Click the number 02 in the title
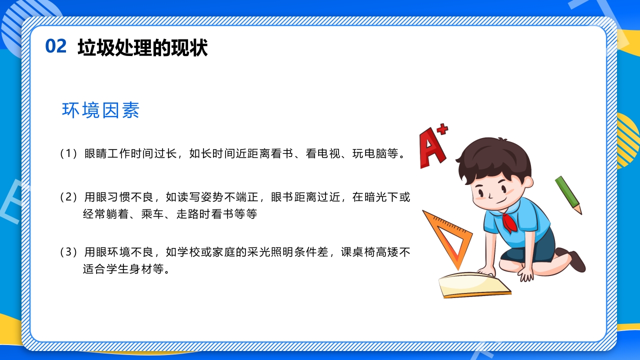tap(55, 46)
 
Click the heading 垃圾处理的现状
tap(142, 48)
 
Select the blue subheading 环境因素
tap(100, 110)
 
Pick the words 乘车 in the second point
tap(152, 214)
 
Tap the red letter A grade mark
tap(431, 148)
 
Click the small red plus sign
tap(442, 129)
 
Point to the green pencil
tap(568, 194)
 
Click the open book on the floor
tap(473, 284)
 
